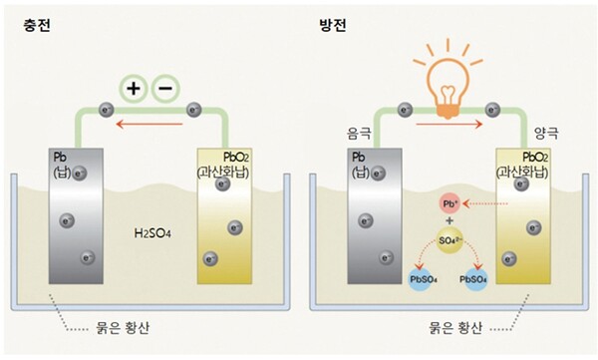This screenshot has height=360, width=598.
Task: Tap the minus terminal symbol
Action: coord(163,89)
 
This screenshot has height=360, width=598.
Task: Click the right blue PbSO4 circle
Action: coord(474,280)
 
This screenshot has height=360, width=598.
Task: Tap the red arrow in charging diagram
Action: coord(150,126)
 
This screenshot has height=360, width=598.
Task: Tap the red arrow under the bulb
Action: coord(448,126)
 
